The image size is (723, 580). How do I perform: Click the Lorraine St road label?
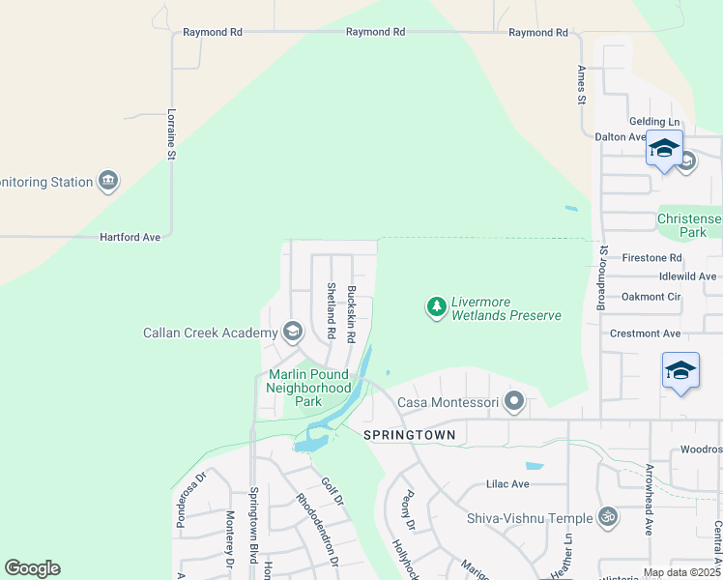pos(171,133)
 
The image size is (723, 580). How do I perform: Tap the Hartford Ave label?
pos(130,236)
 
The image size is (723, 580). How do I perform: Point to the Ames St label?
pos(582,84)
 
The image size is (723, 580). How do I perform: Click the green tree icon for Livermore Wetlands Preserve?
pos(437,307)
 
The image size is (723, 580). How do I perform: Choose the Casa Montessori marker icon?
pos(514,400)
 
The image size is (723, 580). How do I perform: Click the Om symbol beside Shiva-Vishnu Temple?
pos(607,517)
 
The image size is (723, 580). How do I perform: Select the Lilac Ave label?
pos(506,483)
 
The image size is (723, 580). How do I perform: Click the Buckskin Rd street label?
pos(352,313)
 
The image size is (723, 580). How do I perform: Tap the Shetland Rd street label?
pos(331,310)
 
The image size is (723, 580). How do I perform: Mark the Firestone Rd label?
pos(651,258)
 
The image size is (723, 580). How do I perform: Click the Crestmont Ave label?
pos(646,333)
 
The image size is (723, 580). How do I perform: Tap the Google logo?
pos(33,568)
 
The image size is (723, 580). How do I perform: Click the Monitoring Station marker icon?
pos(108,181)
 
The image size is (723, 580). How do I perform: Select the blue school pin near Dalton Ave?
pos(664,149)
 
